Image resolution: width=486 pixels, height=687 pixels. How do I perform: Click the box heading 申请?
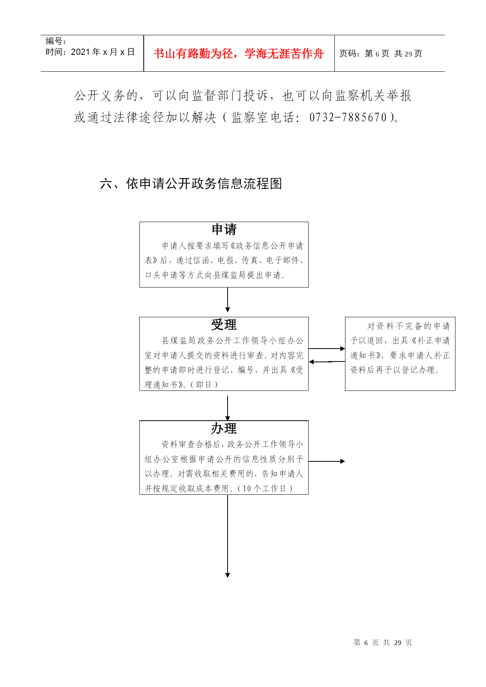(x=224, y=230)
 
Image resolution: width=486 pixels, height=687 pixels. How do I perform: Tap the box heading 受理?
(x=224, y=325)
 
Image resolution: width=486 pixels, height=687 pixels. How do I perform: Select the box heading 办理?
(x=224, y=428)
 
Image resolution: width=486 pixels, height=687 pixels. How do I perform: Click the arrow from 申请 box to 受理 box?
(x=228, y=300)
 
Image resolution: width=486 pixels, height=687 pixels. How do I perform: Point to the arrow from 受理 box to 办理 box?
(x=228, y=408)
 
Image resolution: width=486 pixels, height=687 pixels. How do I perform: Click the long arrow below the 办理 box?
(x=228, y=536)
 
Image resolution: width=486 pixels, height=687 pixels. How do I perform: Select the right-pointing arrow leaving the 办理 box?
(x=327, y=461)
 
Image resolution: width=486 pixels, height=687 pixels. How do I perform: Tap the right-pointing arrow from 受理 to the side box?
(x=327, y=349)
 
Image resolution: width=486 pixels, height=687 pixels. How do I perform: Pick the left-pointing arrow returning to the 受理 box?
(x=327, y=362)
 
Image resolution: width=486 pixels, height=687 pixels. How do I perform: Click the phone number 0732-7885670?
(x=348, y=117)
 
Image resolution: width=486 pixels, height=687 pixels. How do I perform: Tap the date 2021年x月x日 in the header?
(x=103, y=52)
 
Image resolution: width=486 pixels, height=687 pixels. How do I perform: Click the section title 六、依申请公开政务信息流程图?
(x=191, y=183)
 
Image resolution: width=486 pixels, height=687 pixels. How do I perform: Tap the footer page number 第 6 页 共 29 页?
(x=383, y=643)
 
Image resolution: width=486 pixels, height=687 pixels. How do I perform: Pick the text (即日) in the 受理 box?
(x=204, y=385)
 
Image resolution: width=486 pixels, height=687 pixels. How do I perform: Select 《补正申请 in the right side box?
(x=430, y=341)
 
